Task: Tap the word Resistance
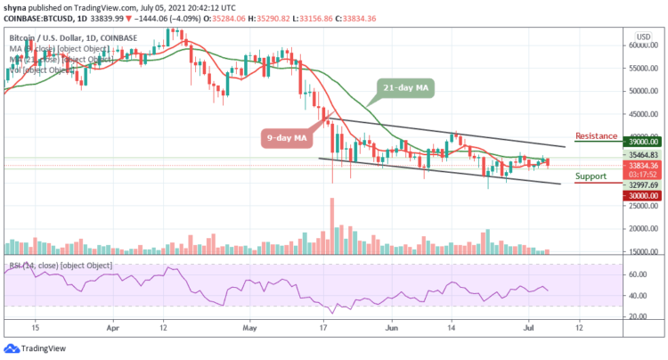click(x=597, y=135)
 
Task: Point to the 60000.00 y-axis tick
click(x=641, y=45)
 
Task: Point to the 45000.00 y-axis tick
click(x=641, y=113)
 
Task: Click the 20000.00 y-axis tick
click(x=641, y=229)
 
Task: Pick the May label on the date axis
click(x=250, y=327)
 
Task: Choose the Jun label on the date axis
click(x=393, y=327)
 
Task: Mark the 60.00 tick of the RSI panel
click(x=636, y=274)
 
